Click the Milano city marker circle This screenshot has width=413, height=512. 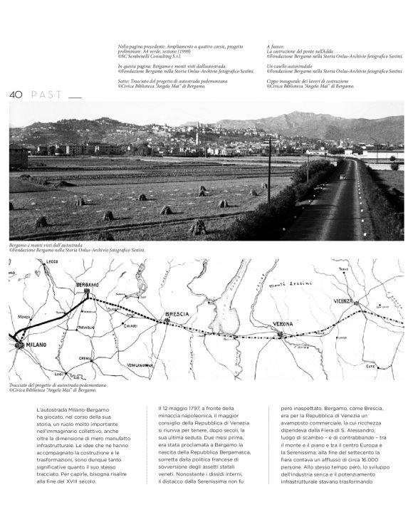coord(19,345)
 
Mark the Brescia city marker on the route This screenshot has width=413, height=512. coord(167,321)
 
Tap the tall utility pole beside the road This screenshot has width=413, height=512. coord(268,169)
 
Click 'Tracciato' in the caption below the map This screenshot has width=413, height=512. coord(21,385)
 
